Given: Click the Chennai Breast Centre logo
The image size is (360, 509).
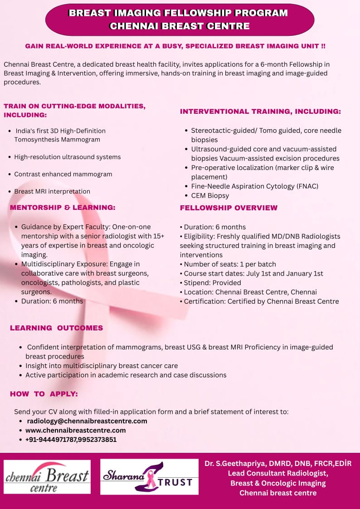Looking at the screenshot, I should [47, 477].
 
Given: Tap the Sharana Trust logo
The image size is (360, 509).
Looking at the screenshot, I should [149, 477].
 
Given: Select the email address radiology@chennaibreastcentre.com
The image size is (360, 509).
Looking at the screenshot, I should [87, 421].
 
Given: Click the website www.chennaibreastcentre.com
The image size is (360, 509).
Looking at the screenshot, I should [76, 430].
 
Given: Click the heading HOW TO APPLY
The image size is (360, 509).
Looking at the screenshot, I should [44, 394].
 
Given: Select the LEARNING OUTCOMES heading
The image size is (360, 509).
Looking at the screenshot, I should [57, 328].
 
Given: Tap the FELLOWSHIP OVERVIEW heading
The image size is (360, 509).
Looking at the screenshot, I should [229, 208].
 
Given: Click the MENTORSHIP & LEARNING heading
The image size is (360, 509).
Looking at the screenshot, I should [63, 208].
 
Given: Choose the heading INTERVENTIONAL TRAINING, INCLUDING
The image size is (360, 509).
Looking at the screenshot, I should [260, 111].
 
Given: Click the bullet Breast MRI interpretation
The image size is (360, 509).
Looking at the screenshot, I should [52, 191].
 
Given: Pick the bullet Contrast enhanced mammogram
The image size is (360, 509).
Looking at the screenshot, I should [63, 174].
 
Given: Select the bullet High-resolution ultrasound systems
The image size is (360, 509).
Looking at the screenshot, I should [68, 157].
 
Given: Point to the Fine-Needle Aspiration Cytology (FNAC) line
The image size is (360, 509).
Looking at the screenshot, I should [255, 186].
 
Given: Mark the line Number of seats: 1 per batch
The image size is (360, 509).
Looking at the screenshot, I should [230, 264].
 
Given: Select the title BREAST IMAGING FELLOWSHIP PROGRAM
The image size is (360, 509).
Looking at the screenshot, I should [178, 13].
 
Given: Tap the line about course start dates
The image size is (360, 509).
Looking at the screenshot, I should [253, 274].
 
